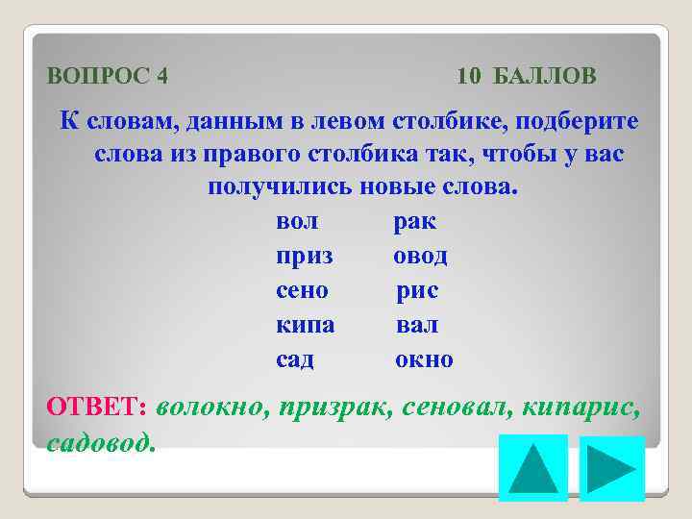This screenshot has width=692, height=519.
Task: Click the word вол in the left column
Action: (x=297, y=222)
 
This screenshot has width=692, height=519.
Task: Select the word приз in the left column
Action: (x=304, y=258)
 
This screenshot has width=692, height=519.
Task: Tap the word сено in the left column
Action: (x=302, y=291)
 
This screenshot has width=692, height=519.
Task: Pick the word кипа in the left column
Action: (x=305, y=326)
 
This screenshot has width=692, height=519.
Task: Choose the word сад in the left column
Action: (x=294, y=360)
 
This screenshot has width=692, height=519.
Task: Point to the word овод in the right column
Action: (x=420, y=257)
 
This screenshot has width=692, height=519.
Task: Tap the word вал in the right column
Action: (x=417, y=326)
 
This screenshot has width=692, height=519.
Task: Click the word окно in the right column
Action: (x=424, y=360)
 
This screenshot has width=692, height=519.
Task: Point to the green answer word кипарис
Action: (x=581, y=408)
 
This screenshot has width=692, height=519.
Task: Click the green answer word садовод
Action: (x=99, y=441)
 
